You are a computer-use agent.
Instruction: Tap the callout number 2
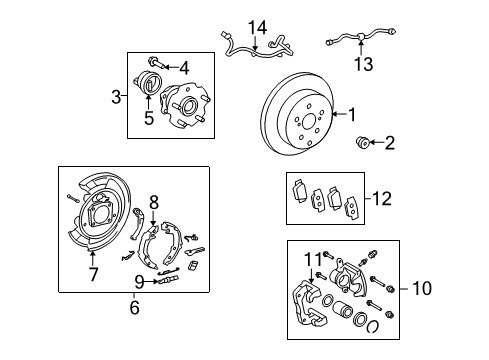[x=389, y=144]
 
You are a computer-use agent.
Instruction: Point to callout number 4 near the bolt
[x=183, y=68]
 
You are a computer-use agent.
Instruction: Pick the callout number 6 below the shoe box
[x=133, y=308]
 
